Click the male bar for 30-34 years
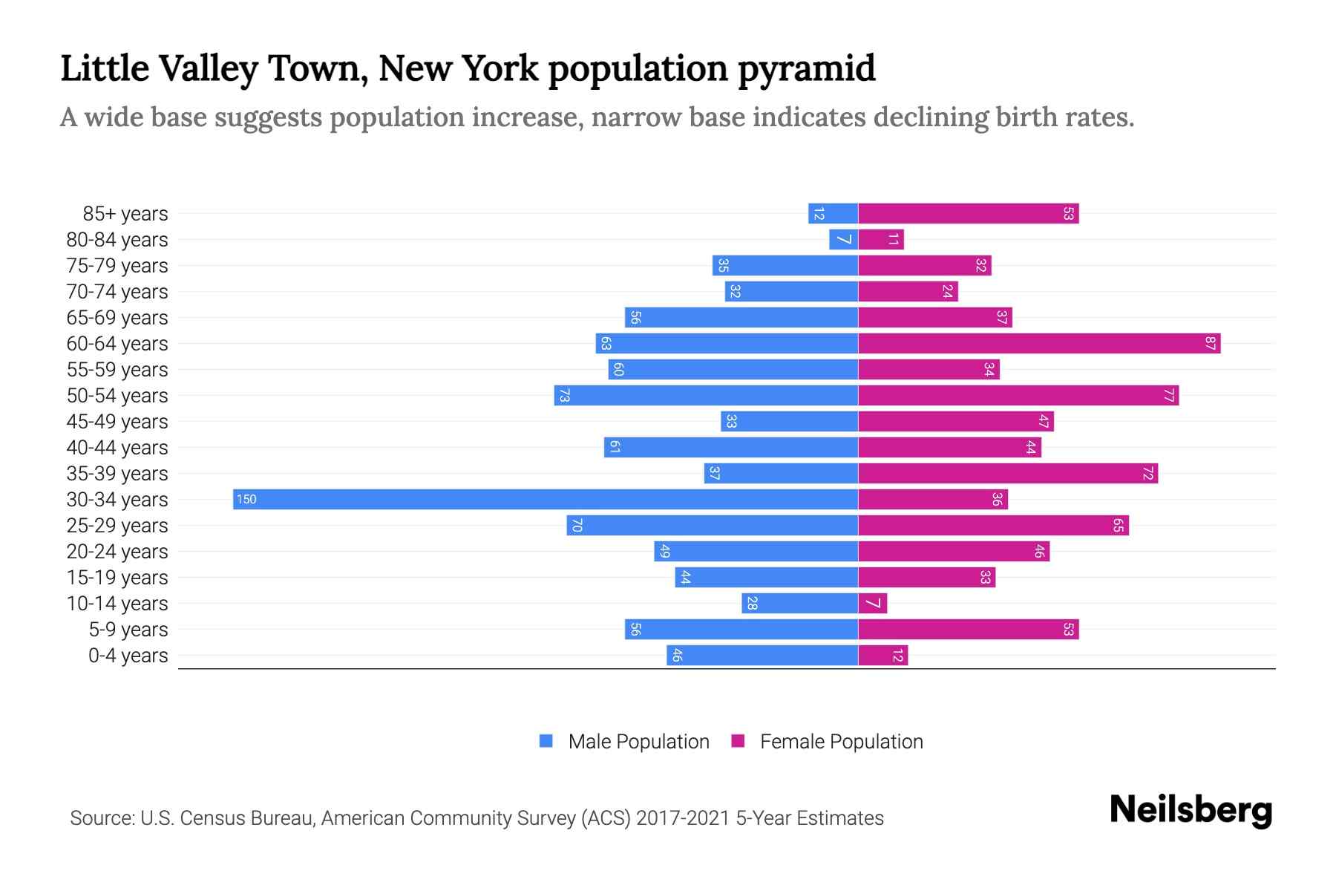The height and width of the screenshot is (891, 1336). click(x=546, y=499)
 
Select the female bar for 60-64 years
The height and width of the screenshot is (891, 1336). click(x=1039, y=343)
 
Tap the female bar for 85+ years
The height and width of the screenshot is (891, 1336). click(x=969, y=214)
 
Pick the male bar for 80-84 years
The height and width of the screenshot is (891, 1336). click(x=844, y=240)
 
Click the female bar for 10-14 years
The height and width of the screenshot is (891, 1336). click(x=873, y=603)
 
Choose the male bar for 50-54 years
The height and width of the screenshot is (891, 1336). click(x=706, y=395)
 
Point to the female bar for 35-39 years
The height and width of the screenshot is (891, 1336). click(x=1008, y=473)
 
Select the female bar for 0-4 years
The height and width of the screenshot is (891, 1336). click(x=883, y=655)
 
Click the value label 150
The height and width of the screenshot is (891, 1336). click(x=246, y=499)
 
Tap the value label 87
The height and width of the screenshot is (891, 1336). click(x=1211, y=343)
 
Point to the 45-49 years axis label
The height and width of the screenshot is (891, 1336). click(x=117, y=422)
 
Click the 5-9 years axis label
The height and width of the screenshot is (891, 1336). click(x=128, y=630)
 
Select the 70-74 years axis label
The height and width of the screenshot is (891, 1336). click(x=117, y=292)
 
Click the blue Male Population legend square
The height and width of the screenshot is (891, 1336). click(x=546, y=741)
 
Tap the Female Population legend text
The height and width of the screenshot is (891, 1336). click(x=841, y=741)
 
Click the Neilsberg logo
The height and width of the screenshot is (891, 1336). click(x=1191, y=810)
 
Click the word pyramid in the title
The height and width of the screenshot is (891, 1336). click(x=806, y=68)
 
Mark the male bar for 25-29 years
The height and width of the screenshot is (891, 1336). click(x=713, y=525)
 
